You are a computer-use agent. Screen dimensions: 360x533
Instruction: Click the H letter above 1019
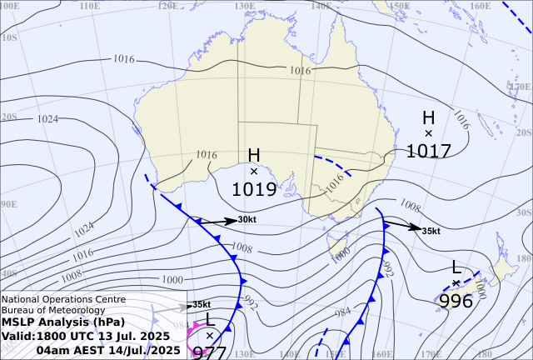pos(254,156)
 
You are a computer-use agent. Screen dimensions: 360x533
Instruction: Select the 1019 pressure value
pos(254,189)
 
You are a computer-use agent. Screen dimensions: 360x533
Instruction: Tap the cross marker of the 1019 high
pos(254,171)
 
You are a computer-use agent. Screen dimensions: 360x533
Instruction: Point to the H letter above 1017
pos(429,117)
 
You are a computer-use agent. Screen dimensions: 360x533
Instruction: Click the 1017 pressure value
pos(429,151)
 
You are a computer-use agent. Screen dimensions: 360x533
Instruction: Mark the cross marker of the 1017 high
pos(429,133)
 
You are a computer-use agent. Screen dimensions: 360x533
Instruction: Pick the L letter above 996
pos(456,267)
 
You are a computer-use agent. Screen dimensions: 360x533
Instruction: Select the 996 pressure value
pos(456,300)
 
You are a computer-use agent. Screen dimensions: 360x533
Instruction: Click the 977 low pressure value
pos(209,352)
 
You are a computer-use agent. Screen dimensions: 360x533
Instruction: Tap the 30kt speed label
pos(247,220)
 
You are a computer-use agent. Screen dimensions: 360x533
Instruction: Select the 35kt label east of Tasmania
pos(431,231)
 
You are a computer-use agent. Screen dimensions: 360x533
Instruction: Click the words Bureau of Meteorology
pos(52,310)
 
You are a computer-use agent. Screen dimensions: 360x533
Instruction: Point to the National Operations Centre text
pos(64,299)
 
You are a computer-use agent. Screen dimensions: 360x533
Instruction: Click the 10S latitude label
pos(9,37)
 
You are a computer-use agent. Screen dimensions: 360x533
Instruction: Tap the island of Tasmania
pos(338,247)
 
